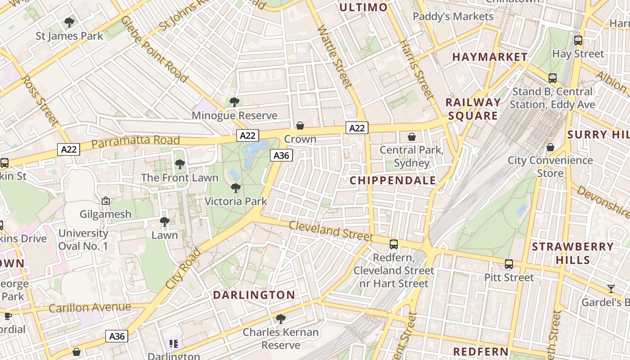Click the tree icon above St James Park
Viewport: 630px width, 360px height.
click(69, 22)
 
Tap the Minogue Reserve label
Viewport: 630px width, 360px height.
click(234, 116)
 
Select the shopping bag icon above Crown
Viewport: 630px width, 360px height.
click(300, 126)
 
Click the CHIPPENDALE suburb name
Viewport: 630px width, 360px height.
click(393, 180)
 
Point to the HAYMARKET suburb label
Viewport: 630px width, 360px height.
click(490, 57)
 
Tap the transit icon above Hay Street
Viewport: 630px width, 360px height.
click(578, 40)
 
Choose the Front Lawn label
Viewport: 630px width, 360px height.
click(180, 178)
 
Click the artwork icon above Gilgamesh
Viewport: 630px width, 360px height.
click(106, 201)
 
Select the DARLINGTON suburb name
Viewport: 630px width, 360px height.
click(254, 295)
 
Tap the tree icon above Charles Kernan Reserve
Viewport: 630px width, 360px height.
click(281, 319)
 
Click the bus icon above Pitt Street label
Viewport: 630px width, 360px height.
click(509, 264)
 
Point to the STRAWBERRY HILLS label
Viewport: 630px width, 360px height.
click(572, 253)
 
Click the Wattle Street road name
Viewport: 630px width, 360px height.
click(334, 56)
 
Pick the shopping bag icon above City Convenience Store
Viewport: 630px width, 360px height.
click(550, 147)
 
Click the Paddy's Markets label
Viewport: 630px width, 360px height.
click(453, 17)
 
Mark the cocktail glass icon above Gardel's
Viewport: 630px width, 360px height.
click(611, 288)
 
